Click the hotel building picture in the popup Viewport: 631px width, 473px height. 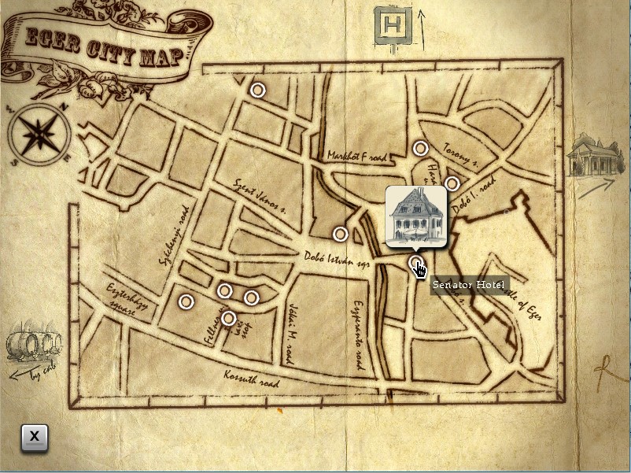[x=416, y=216]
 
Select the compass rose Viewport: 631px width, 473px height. [x=39, y=135]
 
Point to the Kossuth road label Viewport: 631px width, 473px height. [x=251, y=379]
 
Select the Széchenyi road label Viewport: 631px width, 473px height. [x=175, y=235]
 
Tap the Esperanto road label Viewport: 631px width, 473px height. [x=358, y=334]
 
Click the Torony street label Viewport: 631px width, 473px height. [x=461, y=155]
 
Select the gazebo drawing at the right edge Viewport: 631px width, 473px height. [x=596, y=157]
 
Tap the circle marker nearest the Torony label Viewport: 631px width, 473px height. [x=421, y=148]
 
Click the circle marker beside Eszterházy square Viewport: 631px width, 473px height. [x=186, y=301]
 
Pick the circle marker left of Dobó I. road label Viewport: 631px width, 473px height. [x=452, y=183]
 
